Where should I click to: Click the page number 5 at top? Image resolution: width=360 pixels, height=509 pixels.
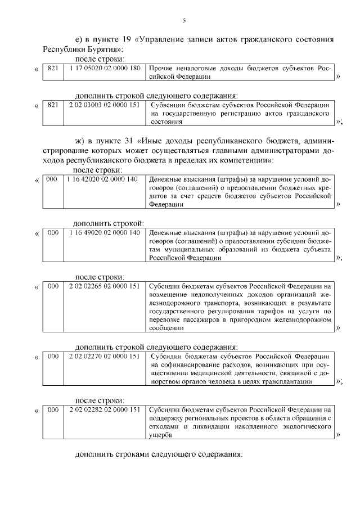pyautogui.click(x=184, y=21)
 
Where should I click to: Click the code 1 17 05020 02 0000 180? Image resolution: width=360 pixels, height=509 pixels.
pyautogui.click(x=104, y=67)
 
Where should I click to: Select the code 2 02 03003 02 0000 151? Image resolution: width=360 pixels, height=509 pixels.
pyautogui.click(x=104, y=105)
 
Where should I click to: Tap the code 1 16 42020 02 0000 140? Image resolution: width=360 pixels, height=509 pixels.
pyautogui.click(x=104, y=179)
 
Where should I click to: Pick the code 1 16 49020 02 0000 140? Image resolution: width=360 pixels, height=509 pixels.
pyautogui.click(x=104, y=232)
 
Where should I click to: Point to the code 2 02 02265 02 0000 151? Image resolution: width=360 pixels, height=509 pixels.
pyautogui.click(x=104, y=286)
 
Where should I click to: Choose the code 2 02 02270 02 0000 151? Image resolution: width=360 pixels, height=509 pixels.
pyautogui.click(x=104, y=356)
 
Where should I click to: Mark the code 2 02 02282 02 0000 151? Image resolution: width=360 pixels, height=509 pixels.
pyautogui.click(x=104, y=410)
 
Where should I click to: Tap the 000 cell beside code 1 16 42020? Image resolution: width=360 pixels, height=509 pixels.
pyautogui.click(x=52, y=179)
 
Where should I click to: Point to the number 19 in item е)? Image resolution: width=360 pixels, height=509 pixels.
pyautogui.click(x=127, y=39)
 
